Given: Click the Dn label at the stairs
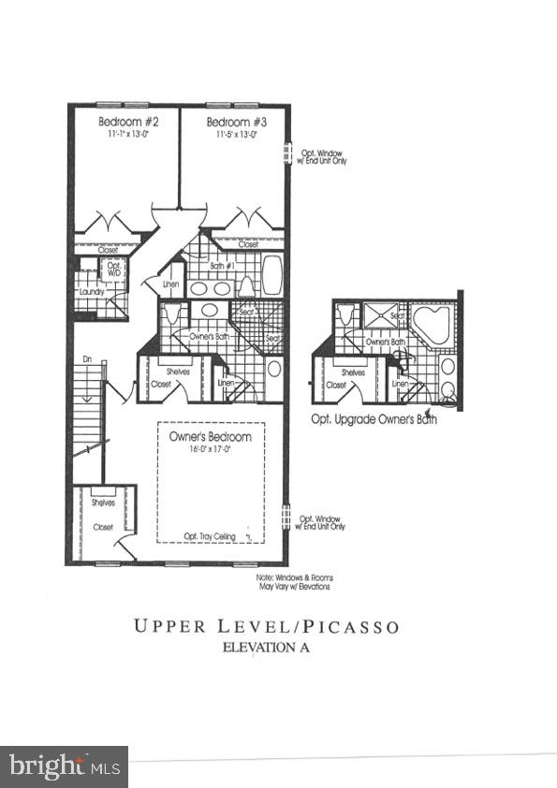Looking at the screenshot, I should tap(86, 358).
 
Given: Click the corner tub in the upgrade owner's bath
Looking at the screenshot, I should tap(432, 326).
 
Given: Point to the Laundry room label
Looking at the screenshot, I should tap(91, 293).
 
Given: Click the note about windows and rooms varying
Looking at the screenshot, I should tap(294, 582).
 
